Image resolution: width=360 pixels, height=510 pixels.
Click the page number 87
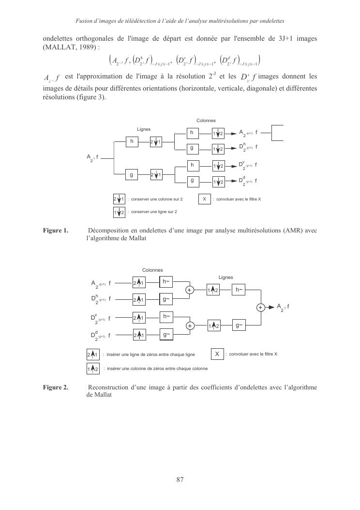pos(180,480)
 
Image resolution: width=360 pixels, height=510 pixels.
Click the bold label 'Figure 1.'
pos(56,231)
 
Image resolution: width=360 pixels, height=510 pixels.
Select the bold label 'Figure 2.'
pos(56,387)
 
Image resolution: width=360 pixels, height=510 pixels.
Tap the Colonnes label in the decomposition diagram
pos(206,121)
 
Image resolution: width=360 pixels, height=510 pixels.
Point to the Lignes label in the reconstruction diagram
pos(225,278)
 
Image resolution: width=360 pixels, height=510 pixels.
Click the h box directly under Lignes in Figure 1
pos(132,141)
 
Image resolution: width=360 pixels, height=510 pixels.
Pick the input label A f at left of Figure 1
pos(92,157)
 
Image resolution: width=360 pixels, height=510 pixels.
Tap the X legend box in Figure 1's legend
pos(205,199)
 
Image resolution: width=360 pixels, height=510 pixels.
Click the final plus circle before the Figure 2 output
pos(260,308)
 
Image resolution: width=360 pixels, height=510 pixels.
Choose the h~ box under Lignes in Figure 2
pos(239,290)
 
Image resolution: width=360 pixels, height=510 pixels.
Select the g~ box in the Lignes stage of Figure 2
pos(239,325)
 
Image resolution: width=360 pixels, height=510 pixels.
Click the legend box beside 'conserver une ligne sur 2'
pos(119,212)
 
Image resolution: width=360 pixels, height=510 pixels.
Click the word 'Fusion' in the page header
pos(85,21)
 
